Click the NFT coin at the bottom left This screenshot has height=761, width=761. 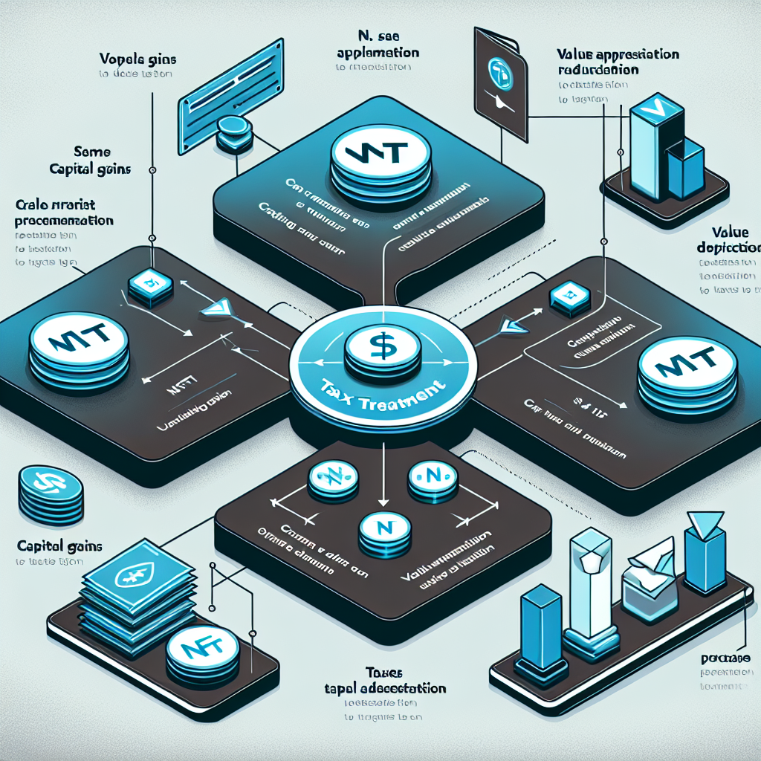(x=201, y=652)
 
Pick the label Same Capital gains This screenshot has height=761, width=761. (x=92, y=159)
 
